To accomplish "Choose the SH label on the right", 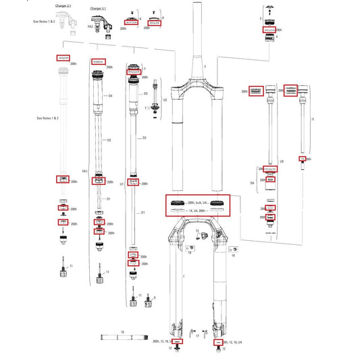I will [253, 182].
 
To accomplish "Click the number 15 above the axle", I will [122, 333].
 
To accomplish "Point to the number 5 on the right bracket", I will [313, 119].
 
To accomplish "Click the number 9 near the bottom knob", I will [154, 298].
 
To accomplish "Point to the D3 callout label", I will [146, 94].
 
